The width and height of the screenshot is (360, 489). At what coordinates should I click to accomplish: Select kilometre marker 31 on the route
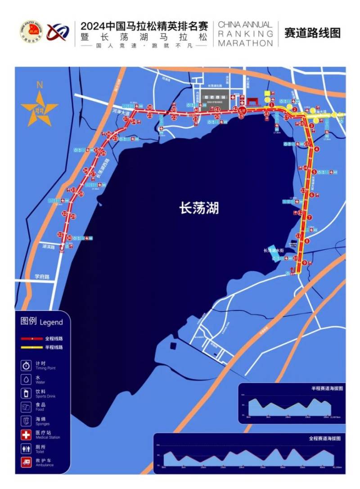coord(60,235)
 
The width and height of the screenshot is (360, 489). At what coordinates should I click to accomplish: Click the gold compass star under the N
coord(40,108)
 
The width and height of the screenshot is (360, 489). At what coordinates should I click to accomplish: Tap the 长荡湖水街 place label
coord(274,251)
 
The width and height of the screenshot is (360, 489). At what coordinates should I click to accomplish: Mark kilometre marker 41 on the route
coord(217,109)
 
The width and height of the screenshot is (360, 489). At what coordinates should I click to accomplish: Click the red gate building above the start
coord(254,102)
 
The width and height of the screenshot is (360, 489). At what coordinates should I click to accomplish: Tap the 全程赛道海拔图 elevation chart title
coord(324,438)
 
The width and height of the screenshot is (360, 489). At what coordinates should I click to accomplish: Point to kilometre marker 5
coord(314,171)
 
